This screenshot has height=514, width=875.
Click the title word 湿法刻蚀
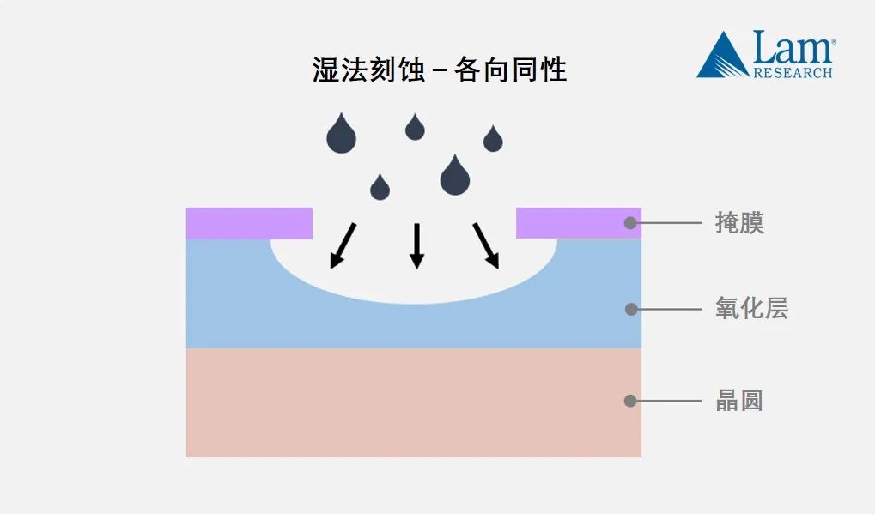368,70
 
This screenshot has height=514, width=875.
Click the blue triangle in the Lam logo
722,57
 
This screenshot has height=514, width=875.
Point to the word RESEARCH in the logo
793,73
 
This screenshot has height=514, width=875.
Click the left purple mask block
249,223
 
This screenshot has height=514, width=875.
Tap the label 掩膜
739,223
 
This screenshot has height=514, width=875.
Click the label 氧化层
751,309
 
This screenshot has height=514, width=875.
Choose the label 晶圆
739,401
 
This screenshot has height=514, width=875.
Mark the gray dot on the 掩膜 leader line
630,223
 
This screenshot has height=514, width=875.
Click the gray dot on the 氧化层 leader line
631,309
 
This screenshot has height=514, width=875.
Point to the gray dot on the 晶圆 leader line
630,401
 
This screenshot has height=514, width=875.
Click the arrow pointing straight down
416,245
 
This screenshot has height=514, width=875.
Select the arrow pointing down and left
343,245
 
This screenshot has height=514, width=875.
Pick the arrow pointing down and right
486,245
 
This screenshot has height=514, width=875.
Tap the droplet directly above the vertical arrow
415,128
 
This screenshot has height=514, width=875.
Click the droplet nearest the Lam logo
493,140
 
